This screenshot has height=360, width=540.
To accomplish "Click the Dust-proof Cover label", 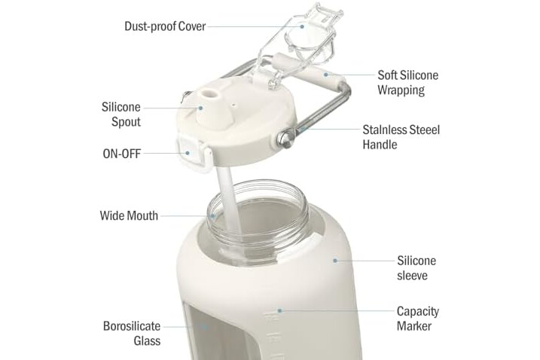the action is pyautogui.click(x=165, y=26).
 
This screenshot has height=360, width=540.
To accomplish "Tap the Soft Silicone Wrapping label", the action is pyautogui.click(x=407, y=83).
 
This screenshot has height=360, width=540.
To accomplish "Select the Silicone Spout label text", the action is pyautogui.click(x=121, y=114).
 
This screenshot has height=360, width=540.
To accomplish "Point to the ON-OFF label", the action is pyautogui.click(x=122, y=154).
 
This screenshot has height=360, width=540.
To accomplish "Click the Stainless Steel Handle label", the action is pyautogui.click(x=401, y=137).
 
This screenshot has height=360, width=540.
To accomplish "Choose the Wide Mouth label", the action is pyautogui.click(x=129, y=215).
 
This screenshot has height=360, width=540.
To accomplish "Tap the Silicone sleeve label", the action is pyautogui.click(x=416, y=267).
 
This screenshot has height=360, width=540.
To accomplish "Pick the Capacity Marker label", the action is pyautogui.click(x=418, y=319).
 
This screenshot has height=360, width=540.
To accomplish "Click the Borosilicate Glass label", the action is pyautogui.click(x=132, y=334).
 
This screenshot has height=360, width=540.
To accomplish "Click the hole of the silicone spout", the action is pyautogui.click(x=209, y=93).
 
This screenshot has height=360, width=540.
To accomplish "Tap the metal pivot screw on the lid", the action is pyautogui.click(x=285, y=138).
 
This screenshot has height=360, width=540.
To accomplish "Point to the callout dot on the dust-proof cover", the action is pyautogui.click(x=302, y=26).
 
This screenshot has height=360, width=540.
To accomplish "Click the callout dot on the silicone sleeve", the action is pyautogui.click(x=335, y=261).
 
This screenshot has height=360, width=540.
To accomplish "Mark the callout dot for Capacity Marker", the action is pyautogui.click(x=279, y=311).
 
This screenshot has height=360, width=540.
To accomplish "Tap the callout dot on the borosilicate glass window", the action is pyautogui.click(x=205, y=327).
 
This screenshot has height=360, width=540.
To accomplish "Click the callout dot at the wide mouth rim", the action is pyautogui.click(x=212, y=216).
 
